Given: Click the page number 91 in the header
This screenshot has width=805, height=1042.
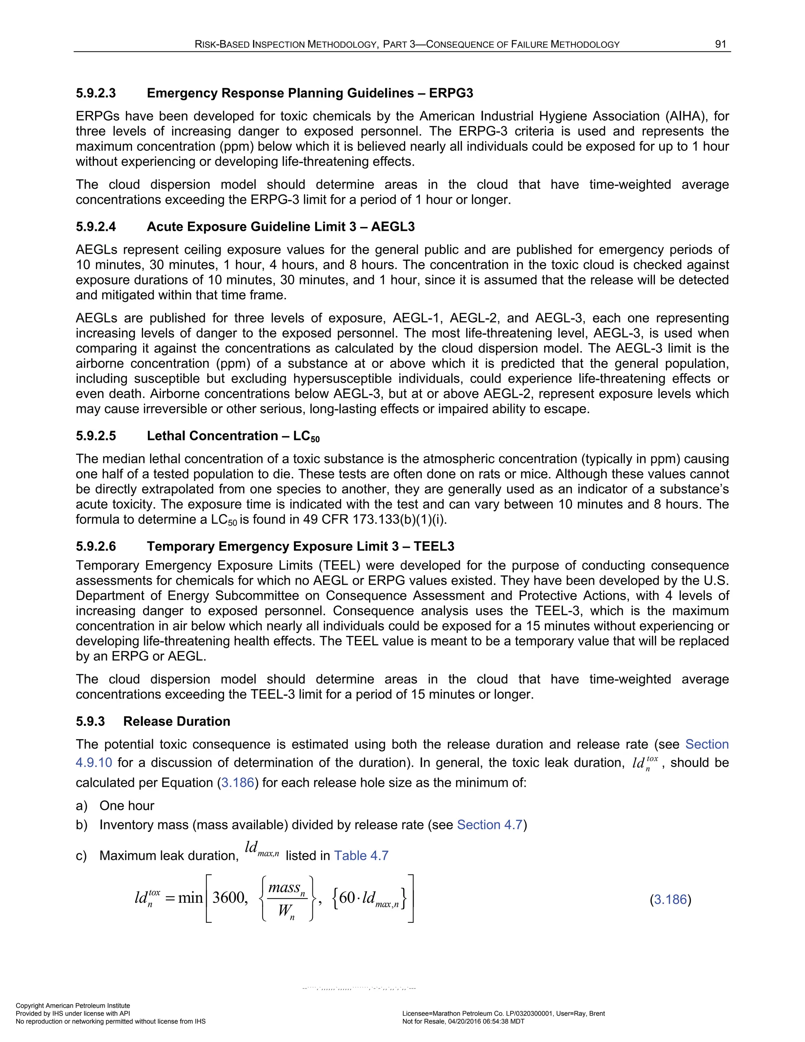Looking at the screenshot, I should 720,44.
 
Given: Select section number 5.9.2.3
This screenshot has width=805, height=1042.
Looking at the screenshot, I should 96,93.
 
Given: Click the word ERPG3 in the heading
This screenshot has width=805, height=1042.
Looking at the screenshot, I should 451,93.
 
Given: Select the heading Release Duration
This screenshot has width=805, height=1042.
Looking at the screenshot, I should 176,722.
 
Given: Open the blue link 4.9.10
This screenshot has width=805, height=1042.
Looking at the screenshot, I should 94,762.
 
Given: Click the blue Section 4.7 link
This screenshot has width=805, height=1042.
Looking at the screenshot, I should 490,825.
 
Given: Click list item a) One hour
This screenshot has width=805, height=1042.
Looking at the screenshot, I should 127,806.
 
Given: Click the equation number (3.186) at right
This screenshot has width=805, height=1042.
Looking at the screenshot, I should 670,900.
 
